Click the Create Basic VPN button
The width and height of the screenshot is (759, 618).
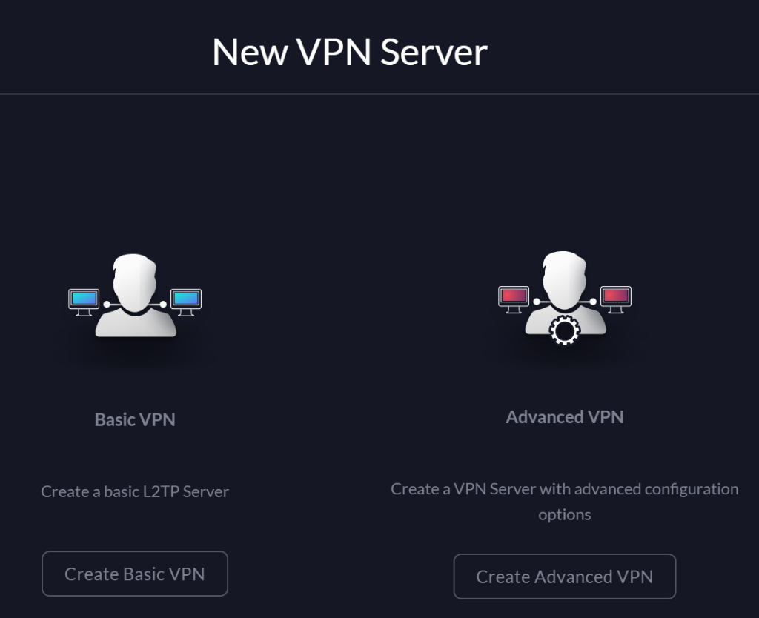[x=134, y=574]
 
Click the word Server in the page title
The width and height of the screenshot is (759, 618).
[x=434, y=53]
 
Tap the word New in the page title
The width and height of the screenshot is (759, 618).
[x=249, y=53]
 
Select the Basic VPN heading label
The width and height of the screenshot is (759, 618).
[x=135, y=419]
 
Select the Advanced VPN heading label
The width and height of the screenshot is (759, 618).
[x=565, y=417]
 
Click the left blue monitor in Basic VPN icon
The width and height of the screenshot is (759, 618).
[x=84, y=299]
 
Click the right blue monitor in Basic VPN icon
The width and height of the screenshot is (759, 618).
[x=185, y=299]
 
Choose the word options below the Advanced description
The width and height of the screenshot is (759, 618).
[x=565, y=514]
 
